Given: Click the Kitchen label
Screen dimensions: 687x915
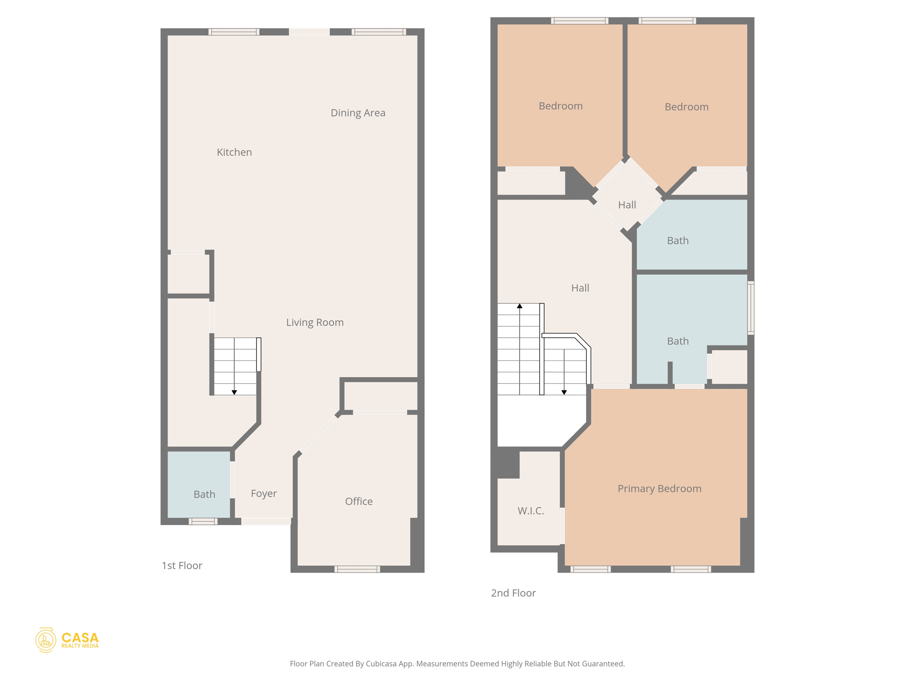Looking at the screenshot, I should tap(234, 152).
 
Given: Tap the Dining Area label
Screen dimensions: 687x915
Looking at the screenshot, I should tap(357, 113).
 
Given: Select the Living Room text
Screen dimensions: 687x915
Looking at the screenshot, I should tap(315, 322).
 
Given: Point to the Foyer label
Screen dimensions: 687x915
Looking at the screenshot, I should tap(264, 493).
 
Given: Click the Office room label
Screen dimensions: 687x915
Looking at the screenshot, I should tap(358, 501).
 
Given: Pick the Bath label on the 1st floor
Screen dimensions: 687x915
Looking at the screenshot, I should tap(204, 494).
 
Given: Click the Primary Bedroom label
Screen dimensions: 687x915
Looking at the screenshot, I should tap(659, 488).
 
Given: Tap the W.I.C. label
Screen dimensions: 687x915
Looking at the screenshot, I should tap(530, 511).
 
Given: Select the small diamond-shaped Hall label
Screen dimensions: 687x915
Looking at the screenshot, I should tap(627, 205).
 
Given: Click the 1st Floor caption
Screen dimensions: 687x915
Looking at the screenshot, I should tap(182, 565).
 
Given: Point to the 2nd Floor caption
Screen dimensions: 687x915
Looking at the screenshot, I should tap(513, 593).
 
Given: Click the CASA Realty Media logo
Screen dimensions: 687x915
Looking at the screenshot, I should tap(67, 640).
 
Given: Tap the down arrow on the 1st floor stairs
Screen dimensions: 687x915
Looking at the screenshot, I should tap(234, 392).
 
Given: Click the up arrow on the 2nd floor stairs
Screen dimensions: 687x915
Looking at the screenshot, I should tap(520, 306).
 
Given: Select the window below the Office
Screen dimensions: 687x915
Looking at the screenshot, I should tap(357, 569).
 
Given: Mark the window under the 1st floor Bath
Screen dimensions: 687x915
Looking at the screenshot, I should tap(203, 521).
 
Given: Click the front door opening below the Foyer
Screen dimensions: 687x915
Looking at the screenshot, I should tap(266, 521).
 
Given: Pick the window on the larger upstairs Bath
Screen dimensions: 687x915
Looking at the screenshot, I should tap(751, 307).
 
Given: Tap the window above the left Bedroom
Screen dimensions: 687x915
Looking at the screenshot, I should tap(579, 21).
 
